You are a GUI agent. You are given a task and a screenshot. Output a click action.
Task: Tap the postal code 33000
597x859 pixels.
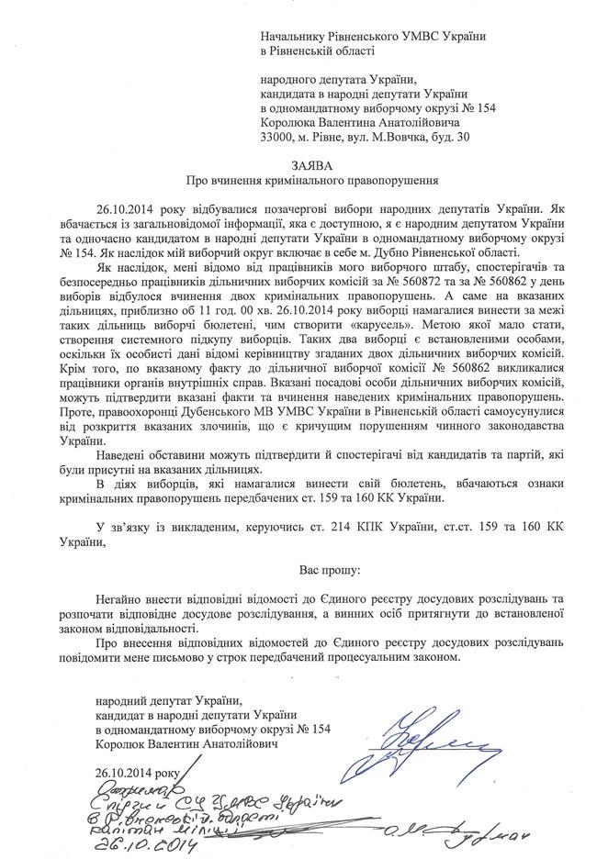coord(278,136)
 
